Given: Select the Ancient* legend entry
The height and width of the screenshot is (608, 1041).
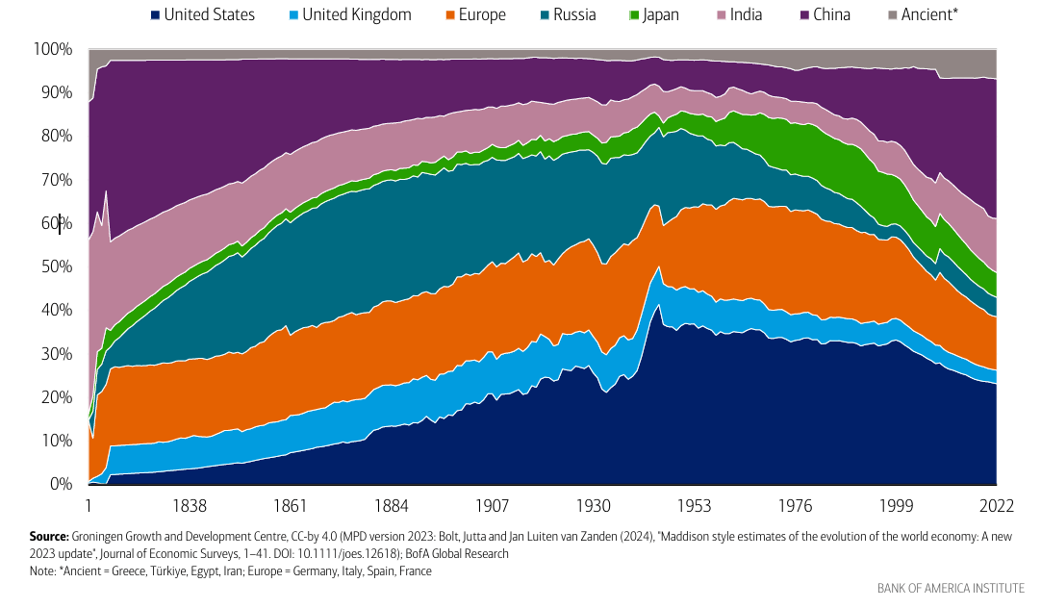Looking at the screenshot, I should pyautogui.click(x=921, y=14).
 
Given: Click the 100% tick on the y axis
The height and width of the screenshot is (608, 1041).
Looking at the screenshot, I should pyautogui.click(x=54, y=49).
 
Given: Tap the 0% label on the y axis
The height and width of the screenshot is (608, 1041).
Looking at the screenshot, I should pyautogui.click(x=62, y=484).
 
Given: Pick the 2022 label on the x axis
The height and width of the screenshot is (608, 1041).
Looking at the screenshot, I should pyautogui.click(x=993, y=506).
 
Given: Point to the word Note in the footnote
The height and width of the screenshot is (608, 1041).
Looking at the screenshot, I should pyautogui.click(x=42, y=571).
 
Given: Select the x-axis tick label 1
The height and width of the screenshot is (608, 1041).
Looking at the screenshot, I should pyautogui.click(x=89, y=506).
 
